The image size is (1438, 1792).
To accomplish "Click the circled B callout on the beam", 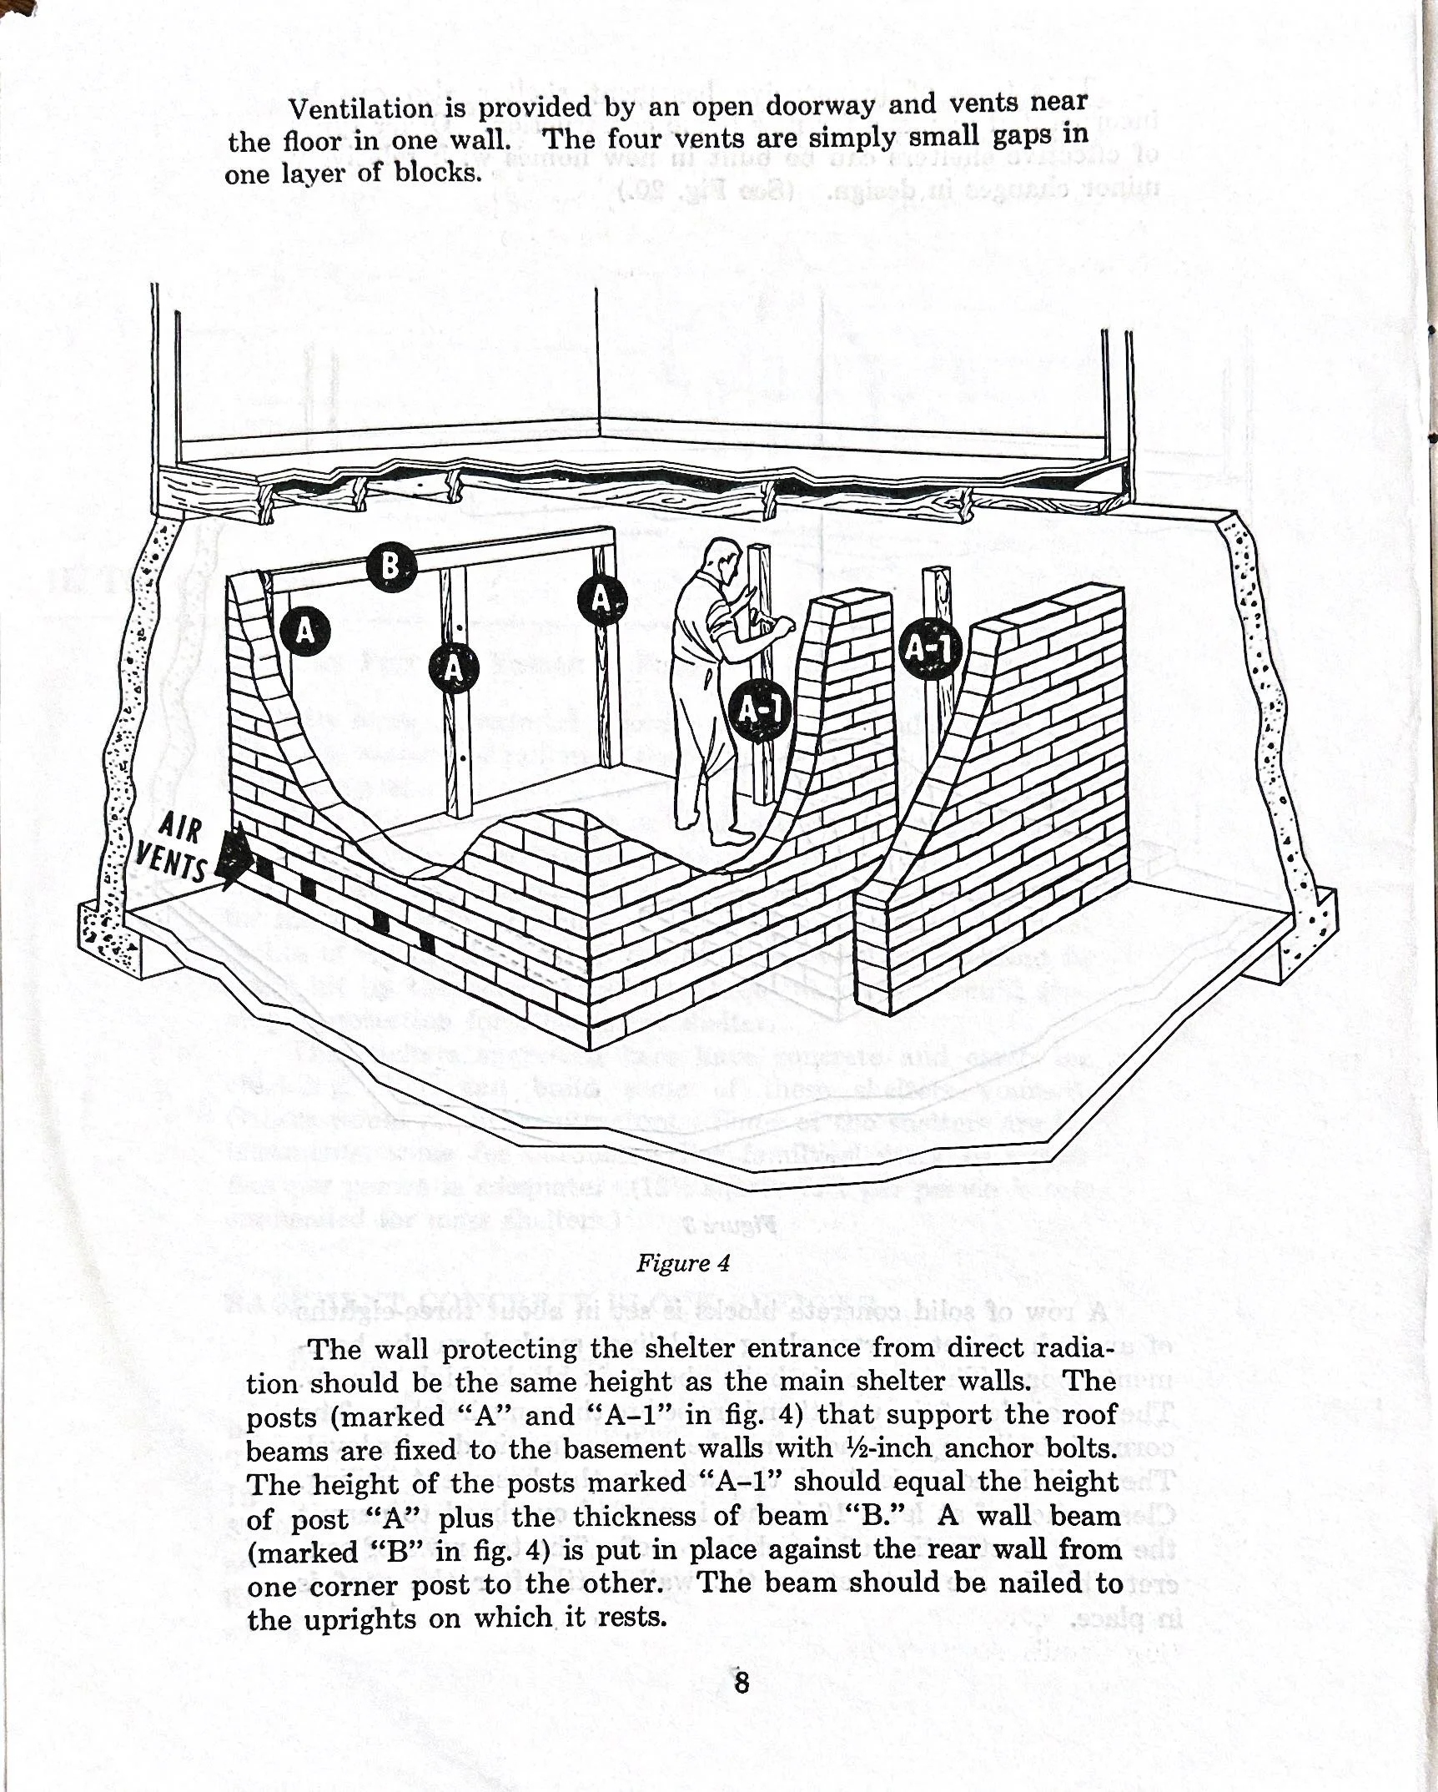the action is pyautogui.click(x=390, y=568).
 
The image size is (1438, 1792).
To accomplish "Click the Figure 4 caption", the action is pyautogui.click(x=683, y=1263).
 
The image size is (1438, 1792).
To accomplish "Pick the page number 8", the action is pyautogui.click(x=741, y=1681).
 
